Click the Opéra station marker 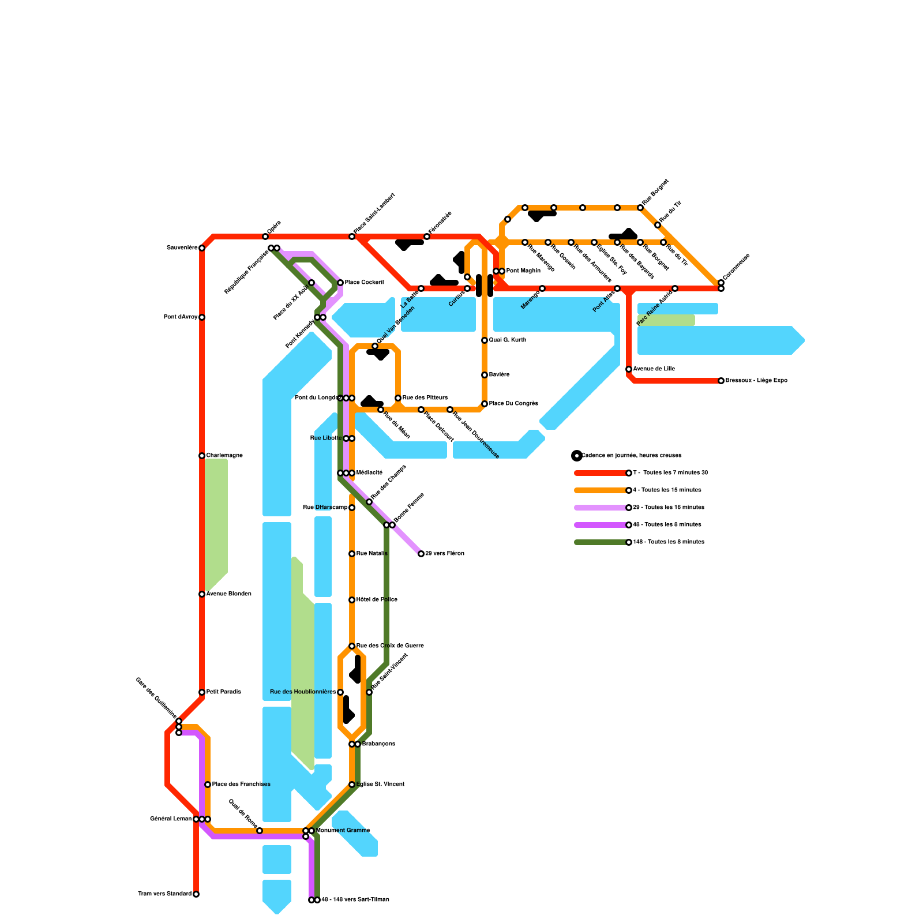[265, 237]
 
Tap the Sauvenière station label [182, 248]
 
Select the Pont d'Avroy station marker [202, 317]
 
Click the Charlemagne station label [224, 456]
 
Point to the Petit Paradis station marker [202, 692]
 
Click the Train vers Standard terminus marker [196, 894]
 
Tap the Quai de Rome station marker [260, 831]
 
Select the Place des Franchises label [241, 785]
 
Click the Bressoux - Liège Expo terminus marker [721, 381]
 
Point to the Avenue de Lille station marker [629, 369]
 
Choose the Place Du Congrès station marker [485, 404]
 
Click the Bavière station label [499, 375]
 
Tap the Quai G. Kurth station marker [485, 340]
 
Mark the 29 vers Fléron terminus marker [421, 554]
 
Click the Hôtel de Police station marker [352, 600]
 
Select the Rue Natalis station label [372, 554]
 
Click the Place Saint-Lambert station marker [352, 237]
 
